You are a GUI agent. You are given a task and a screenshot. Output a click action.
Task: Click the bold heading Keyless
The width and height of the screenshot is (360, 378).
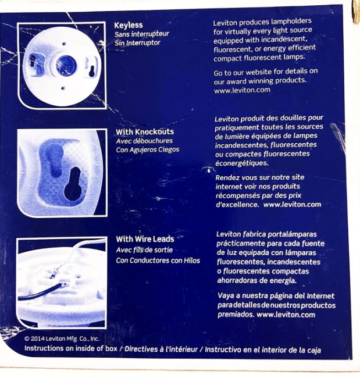click(x=129, y=26)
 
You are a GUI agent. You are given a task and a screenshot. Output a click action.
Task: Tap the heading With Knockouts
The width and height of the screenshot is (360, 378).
click(x=145, y=132)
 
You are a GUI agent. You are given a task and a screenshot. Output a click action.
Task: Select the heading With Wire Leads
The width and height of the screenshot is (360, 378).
click(x=145, y=239)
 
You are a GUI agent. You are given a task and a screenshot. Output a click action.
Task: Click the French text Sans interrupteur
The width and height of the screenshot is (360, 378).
click(x=142, y=34)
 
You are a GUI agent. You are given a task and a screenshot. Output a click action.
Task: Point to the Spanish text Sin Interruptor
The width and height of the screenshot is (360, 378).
click(x=137, y=43)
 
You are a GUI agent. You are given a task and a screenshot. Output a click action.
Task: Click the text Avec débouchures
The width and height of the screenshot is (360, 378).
click(x=144, y=141)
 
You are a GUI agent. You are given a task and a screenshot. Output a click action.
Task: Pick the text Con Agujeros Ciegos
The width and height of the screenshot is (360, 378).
click(x=148, y=149)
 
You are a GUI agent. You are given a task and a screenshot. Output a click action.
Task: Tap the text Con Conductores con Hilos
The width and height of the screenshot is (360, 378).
click(x=158, y=261)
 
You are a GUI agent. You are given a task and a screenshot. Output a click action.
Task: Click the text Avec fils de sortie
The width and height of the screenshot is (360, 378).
click(x=144, y=249)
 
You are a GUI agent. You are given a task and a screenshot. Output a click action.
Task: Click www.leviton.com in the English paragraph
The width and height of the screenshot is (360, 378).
click(x=242, y=90)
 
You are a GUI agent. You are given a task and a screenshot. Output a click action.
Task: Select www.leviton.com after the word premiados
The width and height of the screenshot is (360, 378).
click(x=286, y=315)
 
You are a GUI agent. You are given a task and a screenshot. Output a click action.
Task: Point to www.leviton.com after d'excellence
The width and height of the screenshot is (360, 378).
click(x=292, y=205)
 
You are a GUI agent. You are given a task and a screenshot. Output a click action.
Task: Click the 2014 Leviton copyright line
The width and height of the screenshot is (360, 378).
click(x=62, y=338)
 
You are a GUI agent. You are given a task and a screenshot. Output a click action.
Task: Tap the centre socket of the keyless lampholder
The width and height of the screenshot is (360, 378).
click(x=66, y=65)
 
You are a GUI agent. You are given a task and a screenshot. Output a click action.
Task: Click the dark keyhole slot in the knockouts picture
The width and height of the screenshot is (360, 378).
click(x=73, y=184)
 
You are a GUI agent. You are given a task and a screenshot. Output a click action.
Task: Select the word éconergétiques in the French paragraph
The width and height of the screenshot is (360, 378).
click(x=241, y=163)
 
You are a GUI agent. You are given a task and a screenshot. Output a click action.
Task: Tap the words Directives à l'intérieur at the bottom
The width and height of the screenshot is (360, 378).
click(x=161, y=349)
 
